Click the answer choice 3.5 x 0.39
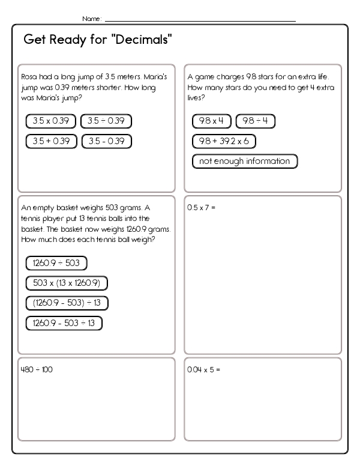pos(51,121)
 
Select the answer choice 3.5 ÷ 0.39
pos(106,121)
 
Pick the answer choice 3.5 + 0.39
pos(51,141)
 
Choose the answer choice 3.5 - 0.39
pos(106,141)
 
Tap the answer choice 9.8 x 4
pos(211,121)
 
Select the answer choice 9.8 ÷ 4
pos(256,121)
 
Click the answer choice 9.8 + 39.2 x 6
pos(224,141)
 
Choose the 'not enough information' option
pos(244,161)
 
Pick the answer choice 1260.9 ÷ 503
pos(56,262)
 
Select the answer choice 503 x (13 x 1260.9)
pos(67,282)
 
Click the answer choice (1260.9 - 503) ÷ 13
pos(67,303)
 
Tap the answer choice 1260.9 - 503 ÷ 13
pos(64,323)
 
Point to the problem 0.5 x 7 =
pos(201,208)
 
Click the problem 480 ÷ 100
pos(37,369)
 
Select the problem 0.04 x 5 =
pos(204,369)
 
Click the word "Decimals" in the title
pos(142,41)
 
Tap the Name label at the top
pos(91,19)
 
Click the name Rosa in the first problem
pos(29,77)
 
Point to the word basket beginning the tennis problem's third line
pos(31,229)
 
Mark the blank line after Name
pos(200,20)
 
